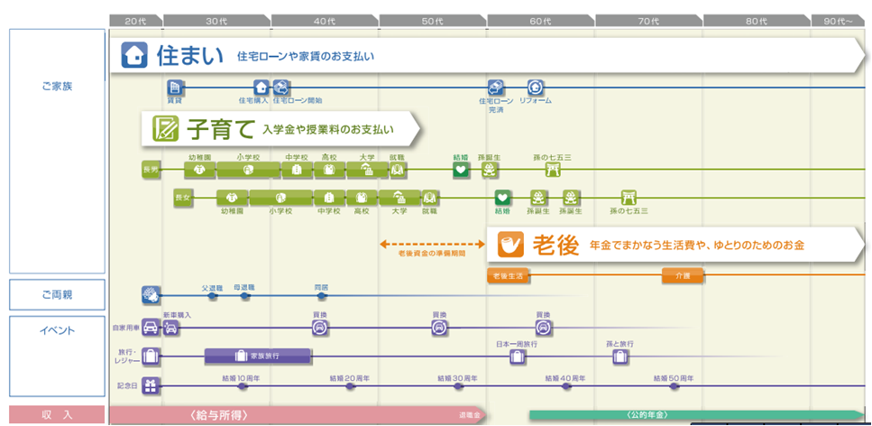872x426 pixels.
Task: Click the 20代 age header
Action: pos(135,20)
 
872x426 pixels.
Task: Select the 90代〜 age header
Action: pos(838,20)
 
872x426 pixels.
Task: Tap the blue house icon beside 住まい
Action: pos(134,56)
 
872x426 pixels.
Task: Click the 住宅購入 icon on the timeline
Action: pos(261,88)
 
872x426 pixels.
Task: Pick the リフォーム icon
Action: pos(536,88)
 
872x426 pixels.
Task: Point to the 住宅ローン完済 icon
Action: pos(496,88)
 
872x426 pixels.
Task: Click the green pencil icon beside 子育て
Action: pos(165,128)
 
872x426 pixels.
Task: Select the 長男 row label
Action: pos(151,169)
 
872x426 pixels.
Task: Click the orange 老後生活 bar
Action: pos(506,275)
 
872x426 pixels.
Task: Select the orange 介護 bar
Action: pos(682,275)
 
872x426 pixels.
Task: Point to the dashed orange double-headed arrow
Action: pos(432,244)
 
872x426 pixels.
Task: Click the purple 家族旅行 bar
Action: pos(258,357)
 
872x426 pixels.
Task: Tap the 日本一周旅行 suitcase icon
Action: pos(517,357)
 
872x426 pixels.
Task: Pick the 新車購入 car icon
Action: pos(171,328)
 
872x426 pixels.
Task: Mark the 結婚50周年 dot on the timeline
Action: pos(674,386)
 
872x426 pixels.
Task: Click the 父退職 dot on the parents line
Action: pos(213,295)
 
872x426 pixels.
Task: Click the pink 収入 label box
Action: pos(58,415)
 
